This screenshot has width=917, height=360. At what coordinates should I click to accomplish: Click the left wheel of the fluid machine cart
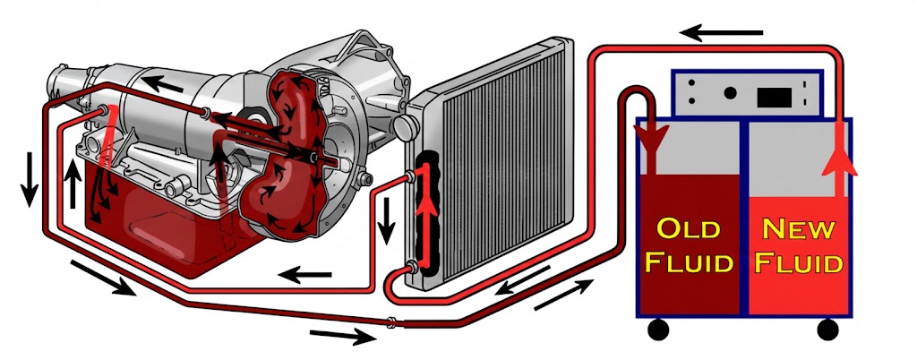pyautogui.click(x=658, y=330)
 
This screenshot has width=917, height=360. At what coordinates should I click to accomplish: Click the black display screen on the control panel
pyautogui.click(x=774, y=92)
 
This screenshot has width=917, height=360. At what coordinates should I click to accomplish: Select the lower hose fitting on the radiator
pyautogui.click(x=413, y=265)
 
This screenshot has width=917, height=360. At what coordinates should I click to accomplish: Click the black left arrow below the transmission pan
pyautogui.click(x=302, y=273)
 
